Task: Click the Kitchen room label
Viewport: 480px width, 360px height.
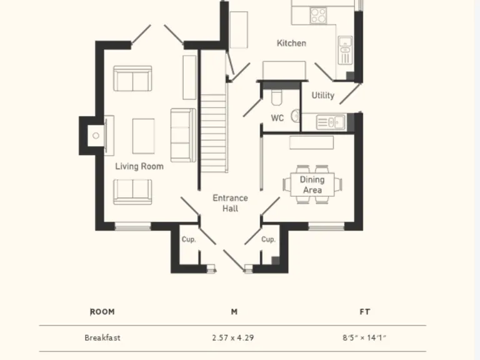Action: click(291, 43)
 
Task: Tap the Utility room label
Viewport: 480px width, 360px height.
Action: click(322, 96)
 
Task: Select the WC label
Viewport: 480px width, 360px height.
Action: click(277, 117)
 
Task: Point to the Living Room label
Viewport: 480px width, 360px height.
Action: click(139, 166)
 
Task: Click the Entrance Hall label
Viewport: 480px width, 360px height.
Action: click(230, 203)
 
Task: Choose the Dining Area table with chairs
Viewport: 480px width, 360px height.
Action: click(312, 184)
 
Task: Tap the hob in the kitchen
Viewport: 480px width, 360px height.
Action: click(317, 14)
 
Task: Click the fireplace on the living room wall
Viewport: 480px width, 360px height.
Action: click(96, 135)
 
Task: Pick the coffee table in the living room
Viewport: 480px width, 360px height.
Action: click(143, 136)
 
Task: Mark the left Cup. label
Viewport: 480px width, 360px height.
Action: click(189, 239)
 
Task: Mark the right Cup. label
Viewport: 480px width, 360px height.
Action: click(268, 239)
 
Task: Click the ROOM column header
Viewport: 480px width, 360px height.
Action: click(102, 312)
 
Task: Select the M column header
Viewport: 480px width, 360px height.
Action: click(234, 312)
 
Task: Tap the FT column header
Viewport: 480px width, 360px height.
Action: click(365, 312)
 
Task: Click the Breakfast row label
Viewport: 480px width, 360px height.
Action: click(102, 338)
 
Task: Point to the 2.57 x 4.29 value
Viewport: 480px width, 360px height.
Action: click(233, 338)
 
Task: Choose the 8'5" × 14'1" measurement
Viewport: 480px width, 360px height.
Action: click(364, 338)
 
